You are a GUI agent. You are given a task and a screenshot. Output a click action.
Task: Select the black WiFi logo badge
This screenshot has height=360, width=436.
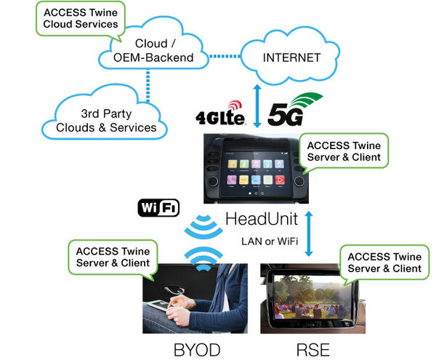click(158, 209)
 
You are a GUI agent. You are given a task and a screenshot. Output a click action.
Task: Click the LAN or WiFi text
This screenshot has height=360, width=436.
click(270, 241)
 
